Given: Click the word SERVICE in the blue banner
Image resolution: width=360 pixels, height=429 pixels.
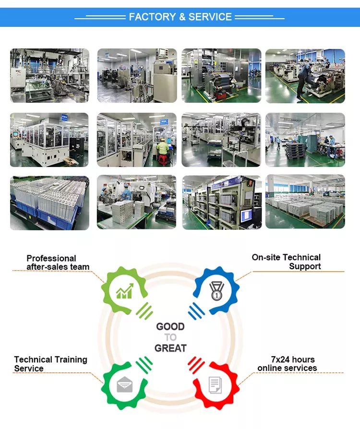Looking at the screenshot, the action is pyautogui.click(x=210, y=17).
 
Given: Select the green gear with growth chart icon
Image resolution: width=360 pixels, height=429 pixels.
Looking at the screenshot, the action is pyautogui.click(x=124, y=290).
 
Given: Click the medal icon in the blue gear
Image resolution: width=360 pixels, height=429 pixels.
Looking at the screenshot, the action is pyautogui.click(x=216, y=291).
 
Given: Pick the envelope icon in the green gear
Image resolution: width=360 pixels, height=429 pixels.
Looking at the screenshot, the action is pyautogui.click(x=125, y=384).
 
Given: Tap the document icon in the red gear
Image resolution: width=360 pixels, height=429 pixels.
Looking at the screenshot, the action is pyautogui.click(x=215, y=385).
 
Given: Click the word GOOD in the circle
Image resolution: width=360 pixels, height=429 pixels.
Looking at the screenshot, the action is pyautogui.click(x=170, y=326).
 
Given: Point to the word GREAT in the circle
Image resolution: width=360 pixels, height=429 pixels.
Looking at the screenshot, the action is pyautogui.click(x=170, y=348).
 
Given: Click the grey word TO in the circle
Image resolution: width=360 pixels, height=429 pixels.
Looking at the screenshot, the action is pyautogui.click(x=170, y=337).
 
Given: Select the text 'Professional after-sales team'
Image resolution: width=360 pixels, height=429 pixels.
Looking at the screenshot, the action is pyautogui.click(x=58, y=262).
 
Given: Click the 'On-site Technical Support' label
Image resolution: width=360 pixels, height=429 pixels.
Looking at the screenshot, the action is pyautogui.click(x=286, y=262).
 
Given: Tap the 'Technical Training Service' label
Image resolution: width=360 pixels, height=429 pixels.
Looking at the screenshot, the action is pyautogui.click(x=51, y=364).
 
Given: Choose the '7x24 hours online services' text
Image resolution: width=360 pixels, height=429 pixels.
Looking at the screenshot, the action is pyautogui.click(x=287, y=364).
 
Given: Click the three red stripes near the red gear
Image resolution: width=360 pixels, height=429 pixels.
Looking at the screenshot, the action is pyautogui.click(x=196, y=365).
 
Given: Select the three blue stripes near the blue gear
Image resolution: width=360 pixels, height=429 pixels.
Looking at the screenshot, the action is pyautogui.click(x=197, y=311).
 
